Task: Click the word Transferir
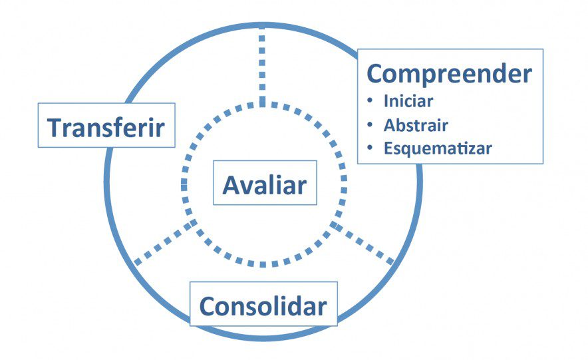pos(106,128)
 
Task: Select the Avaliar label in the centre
pos(265,185)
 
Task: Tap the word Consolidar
pos(263,306)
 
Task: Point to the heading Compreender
pos(449,75)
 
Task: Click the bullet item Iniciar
pos(408,101)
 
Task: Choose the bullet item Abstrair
pos(416,125)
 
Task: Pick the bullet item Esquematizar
pos(438,148)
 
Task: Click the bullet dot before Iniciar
pos(370,101)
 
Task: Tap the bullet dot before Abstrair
pos(370,125)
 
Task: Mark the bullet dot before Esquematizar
pos(370,148)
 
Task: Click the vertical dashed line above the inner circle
pos(262,67)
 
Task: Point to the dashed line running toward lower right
pos(363,243)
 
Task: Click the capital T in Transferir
pos(55,128)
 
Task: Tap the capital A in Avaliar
pos(231,185)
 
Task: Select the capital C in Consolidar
pos(208,306)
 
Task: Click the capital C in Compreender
pos(376,73)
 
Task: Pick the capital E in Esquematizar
pos(388,148)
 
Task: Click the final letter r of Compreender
pos(527,76)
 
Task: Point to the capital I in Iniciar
pos(386,101)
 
